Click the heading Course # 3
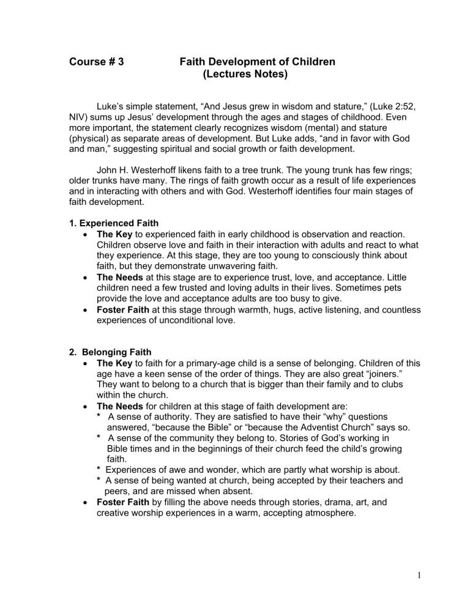[x=98, y=62]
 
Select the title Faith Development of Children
[x=257, y=62]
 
